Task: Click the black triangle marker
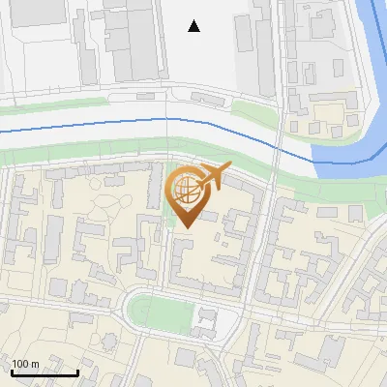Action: tap(194, 26)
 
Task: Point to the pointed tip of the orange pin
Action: tap(184, 227)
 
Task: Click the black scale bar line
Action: tap(44, 372)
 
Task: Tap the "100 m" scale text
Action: tap(26, 364)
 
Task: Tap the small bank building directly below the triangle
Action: tap(206, 98)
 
